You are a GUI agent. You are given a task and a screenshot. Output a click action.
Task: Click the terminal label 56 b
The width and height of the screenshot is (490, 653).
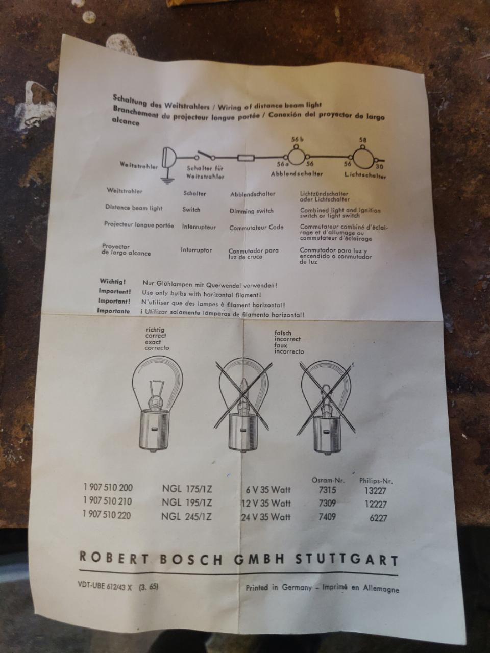pos(298,139)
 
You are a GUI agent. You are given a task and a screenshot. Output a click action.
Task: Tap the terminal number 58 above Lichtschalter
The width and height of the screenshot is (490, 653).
pos(363,140)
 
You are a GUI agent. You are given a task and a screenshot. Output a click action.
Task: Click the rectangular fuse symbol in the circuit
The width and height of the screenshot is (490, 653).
pos(246,158)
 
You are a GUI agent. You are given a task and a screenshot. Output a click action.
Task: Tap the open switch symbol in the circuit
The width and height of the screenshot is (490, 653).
pos(205,155)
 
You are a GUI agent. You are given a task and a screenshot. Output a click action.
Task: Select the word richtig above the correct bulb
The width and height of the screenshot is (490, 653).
pos(155,330)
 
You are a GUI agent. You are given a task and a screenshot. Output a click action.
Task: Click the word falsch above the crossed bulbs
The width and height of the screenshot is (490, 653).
pos(283,333)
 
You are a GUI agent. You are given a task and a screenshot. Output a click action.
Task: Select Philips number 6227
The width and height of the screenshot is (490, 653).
pos(378,518)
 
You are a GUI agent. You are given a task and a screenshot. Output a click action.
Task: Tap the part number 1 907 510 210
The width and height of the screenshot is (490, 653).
pos(108,501)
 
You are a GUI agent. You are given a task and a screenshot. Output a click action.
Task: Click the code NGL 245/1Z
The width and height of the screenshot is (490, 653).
pos(186,517)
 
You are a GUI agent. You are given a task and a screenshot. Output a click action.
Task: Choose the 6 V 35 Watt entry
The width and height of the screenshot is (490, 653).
pos(268,490)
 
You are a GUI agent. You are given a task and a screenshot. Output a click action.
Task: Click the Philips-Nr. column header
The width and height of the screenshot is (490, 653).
pos(376,481)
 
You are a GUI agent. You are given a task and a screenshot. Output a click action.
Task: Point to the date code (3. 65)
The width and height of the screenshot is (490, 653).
pos(149,587)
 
